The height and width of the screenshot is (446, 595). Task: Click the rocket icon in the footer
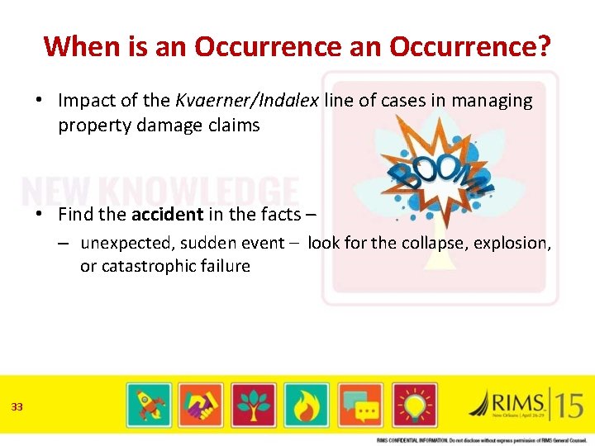(x=149, y=405)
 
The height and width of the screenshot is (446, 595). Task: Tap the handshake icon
(x=201, y=405)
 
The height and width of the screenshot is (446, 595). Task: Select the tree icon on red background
(x=253, y=405)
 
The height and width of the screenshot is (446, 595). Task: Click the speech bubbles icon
(x=360, y=405)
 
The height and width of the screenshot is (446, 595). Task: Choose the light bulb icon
(x=414, y=405)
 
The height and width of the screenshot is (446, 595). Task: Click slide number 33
(x=17, y=406)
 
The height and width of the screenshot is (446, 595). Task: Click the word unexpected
(x=121, y=243)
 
